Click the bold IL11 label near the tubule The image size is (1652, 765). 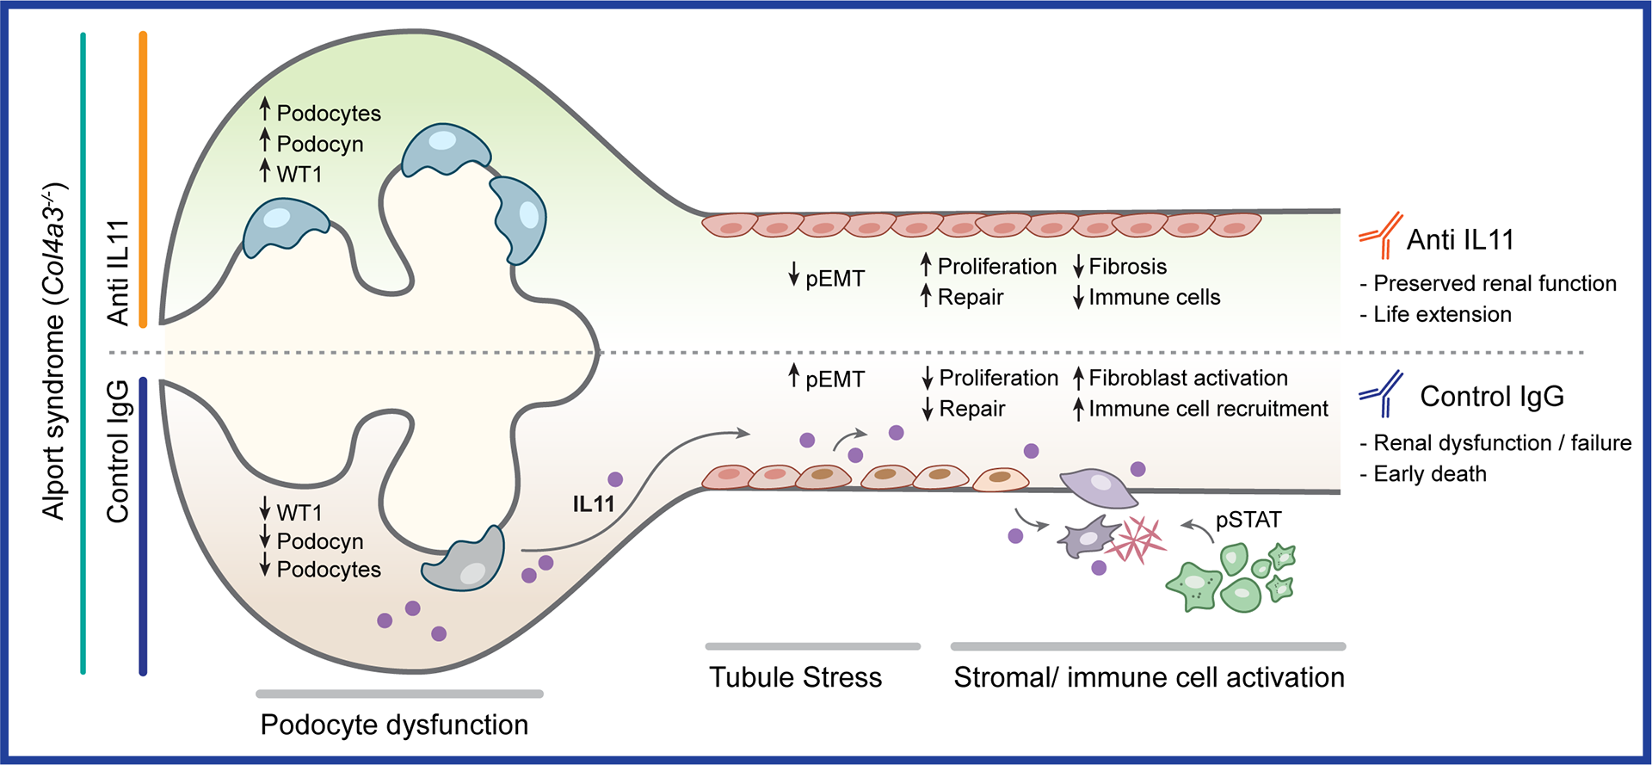(594, 504)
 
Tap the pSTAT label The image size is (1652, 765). (1248, 520)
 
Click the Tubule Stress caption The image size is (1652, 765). (795, 677)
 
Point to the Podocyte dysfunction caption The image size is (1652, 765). (394, 725)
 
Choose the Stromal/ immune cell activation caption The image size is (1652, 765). (1149, 677)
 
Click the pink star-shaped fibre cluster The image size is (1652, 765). (1136, 540)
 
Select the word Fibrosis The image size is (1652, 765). (1127, 267)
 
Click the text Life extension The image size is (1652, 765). (1442, 314)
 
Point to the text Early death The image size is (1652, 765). (1430, 474)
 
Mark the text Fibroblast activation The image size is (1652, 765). (1187, 378)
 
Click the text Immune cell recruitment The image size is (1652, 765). (1208, 409)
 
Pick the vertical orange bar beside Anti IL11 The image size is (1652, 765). (143, 179)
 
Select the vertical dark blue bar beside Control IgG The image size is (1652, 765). (143, 525)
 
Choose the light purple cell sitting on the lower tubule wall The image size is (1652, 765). (1099, 488)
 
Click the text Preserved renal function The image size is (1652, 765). (1495, 283)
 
